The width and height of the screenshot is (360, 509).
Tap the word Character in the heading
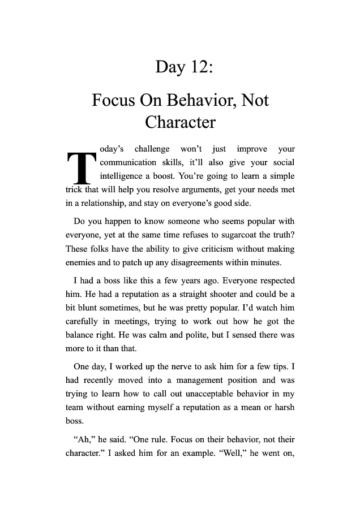point(180,122)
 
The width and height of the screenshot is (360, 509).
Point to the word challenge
point(151,150)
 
